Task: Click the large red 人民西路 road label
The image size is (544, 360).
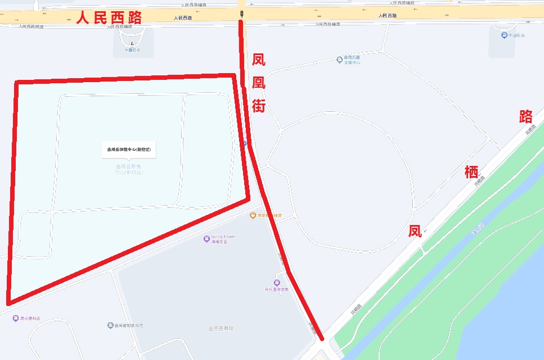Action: click(x=109, y=17)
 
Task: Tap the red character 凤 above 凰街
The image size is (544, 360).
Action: click(x=258, y=60)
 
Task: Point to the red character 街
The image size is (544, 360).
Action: click(x=258, y=105)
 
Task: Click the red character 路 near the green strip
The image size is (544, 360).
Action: click(x=526, y=116)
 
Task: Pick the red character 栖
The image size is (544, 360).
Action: click(x=471, y=172)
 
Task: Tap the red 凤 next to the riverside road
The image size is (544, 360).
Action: click(x=415, y=231)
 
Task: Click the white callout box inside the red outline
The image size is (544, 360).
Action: click(x=129, y=150)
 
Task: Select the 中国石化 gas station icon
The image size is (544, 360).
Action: click(x=132, y=43)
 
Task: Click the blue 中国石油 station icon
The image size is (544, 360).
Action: click(x=504, y=35)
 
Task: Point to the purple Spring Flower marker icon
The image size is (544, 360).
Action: click(x=206, y=239)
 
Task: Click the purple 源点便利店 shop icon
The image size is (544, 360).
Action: click(x=15, y=318)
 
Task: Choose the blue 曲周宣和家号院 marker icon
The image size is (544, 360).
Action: click(x=110, y=326)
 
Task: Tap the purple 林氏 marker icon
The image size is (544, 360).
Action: click(x=276, y=282)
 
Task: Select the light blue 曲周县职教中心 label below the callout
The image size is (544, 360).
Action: click(x=129, y=169)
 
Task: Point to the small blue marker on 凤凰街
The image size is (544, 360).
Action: click(x=245, y=143)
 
